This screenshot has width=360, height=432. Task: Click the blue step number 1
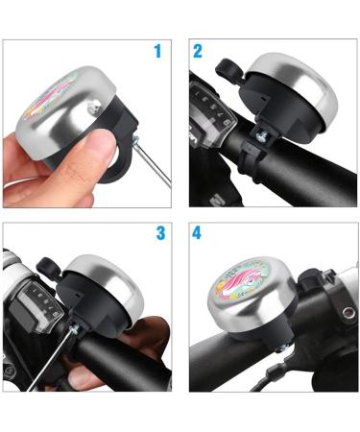coord(157,50)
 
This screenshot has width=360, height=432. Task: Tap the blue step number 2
coord(198,50)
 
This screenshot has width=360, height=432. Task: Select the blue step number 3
coord(160,233)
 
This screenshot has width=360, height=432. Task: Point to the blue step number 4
coord(198,233)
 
